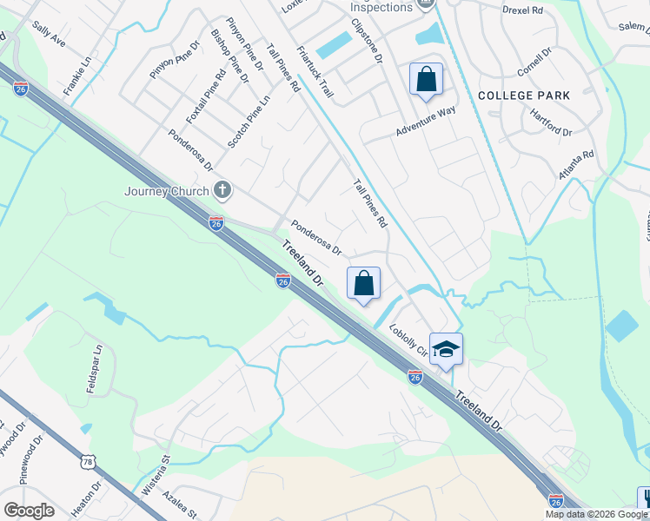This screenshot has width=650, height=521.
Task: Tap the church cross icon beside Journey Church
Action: pyautogui.click(x=222, y=190)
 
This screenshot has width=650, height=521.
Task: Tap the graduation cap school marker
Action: pyautogui.click(x=446, y=349)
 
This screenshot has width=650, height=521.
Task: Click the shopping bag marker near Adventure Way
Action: pyautogui.click(x=426, y=80)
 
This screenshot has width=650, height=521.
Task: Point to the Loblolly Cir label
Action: pyautogui.click(x=407, y=340)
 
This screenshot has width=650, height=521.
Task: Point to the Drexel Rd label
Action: pyautogui.click(x=522, y=10)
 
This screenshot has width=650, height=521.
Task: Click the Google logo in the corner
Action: pyautogui.click(x=29, y=511)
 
